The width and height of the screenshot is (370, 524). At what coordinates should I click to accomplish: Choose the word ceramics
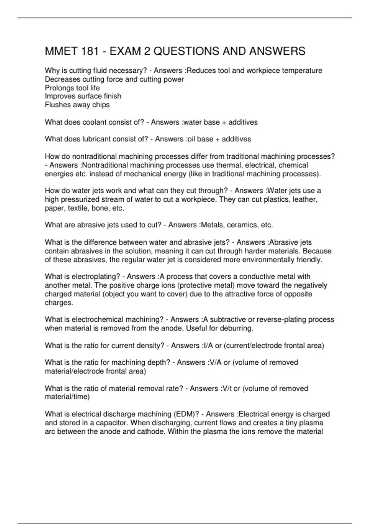(241, 225)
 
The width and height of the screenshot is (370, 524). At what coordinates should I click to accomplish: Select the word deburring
(236, 328)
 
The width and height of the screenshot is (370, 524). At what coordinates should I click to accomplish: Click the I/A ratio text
(208, 346)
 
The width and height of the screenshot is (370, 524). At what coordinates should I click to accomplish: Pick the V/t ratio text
(227, 389)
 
